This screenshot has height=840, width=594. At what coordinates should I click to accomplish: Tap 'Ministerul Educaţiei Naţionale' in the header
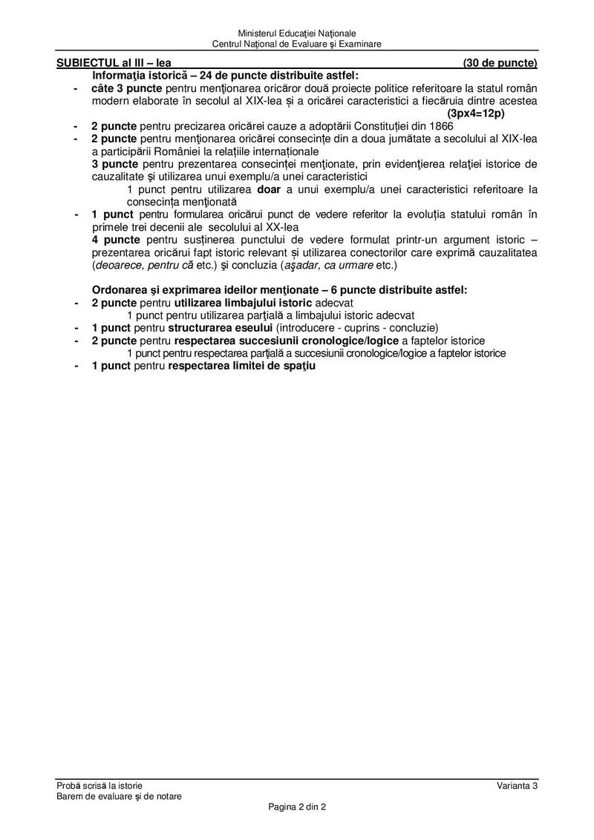(x=297, y=33)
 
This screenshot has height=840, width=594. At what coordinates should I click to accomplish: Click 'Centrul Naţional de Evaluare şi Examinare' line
(x=297, y=44)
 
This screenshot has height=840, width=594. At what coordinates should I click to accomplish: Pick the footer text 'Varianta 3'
(x=518, y=786)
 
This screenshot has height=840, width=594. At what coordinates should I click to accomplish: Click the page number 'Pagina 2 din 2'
(x=297, y=807)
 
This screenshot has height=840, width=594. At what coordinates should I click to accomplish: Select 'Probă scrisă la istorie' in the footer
(x=99, y=786)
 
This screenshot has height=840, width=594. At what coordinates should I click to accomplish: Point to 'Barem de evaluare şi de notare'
(x=119, y=796)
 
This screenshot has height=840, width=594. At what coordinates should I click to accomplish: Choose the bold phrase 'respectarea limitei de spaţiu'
(x=242, y=366)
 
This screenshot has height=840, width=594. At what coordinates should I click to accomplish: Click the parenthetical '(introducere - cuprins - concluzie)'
(x=358, y=328)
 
